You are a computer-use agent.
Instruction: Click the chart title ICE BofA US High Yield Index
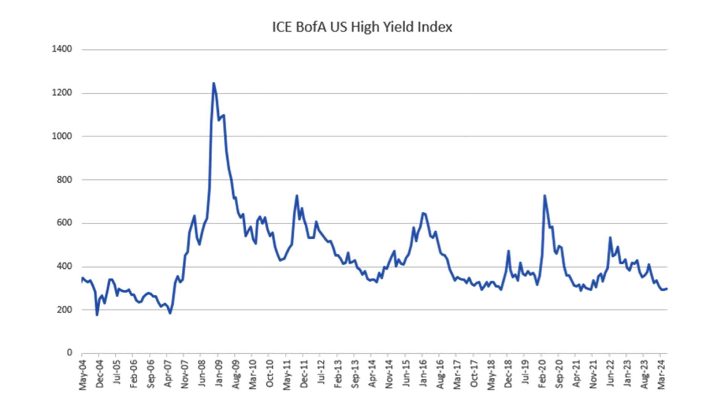(x=362, y=27)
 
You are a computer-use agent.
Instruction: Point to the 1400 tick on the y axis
(x=62, y=49)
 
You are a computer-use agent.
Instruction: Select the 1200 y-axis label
(x=62, y=93)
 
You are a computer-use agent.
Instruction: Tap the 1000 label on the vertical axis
(x=62, y=136)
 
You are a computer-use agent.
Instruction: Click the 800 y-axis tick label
(x=64, y=180)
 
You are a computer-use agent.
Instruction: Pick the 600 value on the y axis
(x=64, y=223)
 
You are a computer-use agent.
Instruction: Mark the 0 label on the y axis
(x=69, y=352)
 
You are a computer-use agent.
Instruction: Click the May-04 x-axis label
(x=83, y=375)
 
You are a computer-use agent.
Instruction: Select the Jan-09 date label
(x=219, y=373)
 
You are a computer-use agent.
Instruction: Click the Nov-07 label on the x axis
(x=185, y=374)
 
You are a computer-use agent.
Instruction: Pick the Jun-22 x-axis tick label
(x=610, y=373)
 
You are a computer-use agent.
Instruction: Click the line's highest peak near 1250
(x=214, y=83)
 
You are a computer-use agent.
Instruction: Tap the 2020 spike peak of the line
(x=545, y=196)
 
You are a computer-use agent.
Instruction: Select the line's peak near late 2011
(x=297, y=196)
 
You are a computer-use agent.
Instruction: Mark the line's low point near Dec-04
(x=97, y=315)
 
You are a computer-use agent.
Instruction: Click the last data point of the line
(x=667, y=289)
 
